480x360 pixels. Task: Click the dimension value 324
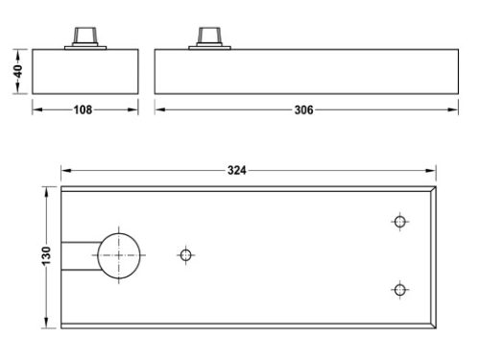click(x=237, y=171)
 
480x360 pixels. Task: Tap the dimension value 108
click(x=84, y=109)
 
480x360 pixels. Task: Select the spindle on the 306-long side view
click(x=208, y=36)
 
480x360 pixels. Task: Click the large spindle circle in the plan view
click(x=120, y=255)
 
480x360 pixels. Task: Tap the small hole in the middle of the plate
click(x=186, y=254)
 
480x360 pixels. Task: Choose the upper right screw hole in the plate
click(x=400, y=222)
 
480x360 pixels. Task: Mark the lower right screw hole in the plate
click(x=400, y=290)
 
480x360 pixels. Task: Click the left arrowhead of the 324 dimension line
click(x=64, y=171)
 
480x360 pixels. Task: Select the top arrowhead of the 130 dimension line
click(x=46, y=190)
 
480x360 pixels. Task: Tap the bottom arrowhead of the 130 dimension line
click(x=46, y=325)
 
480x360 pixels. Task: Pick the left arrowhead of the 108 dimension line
click(x=36, y=109)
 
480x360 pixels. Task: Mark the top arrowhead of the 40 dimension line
click(x=18, y=52)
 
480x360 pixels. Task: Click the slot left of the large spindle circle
click(x=79, y=255)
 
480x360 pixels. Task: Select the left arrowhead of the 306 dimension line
click(x=158, y=109)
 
